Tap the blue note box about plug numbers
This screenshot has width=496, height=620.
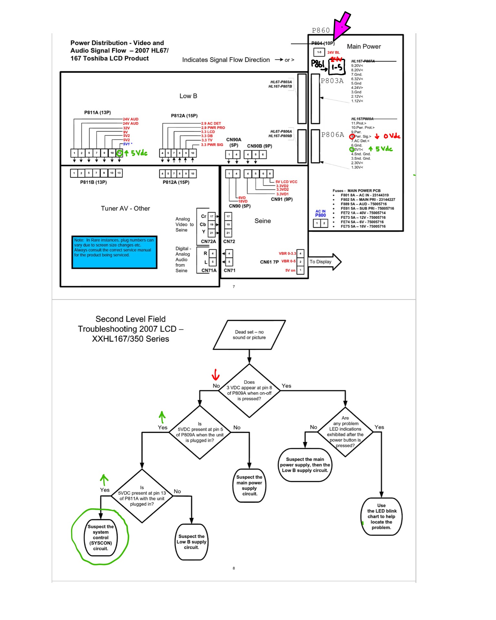(x=114, y=252)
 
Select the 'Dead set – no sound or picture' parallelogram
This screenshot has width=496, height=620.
(x=249, y=335)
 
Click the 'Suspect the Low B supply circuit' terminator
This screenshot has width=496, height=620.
(x=191, y=542)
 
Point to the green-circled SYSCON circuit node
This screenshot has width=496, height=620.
(x=101, y=537)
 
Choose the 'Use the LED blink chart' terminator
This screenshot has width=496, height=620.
(x=381, y=516)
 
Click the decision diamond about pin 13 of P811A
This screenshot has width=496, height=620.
(x=142, y=496)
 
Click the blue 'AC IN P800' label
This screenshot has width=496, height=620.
(x=320, y=213)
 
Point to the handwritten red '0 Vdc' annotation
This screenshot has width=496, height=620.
(x=392, y=136)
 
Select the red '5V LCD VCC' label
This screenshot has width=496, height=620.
(x=286, y=182)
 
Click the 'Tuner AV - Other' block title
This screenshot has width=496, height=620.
(x=125, y=209)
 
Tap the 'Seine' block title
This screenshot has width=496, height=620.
(x=263, y=221)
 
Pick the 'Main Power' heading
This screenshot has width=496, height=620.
(x=364, y=46)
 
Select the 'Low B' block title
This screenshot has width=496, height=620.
(x=188, y=96)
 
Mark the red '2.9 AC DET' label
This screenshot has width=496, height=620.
(x=211, y=123)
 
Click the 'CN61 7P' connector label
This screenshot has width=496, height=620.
(x=269, y=262)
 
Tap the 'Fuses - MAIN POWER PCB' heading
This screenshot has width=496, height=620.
(x=356, y=191)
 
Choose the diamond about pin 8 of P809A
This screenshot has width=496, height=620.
(x=249, y=390)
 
